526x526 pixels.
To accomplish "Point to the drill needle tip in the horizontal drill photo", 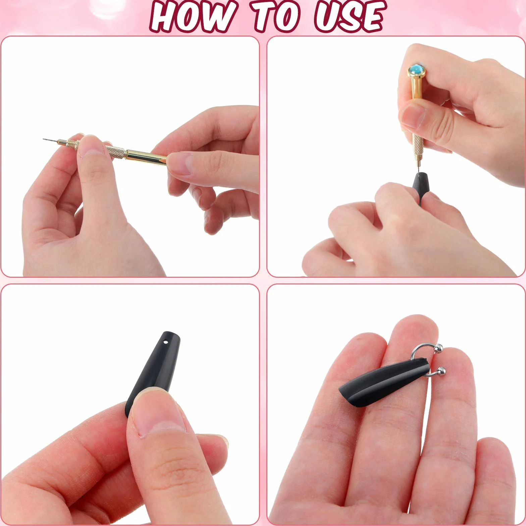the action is click(x=44, y=139).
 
